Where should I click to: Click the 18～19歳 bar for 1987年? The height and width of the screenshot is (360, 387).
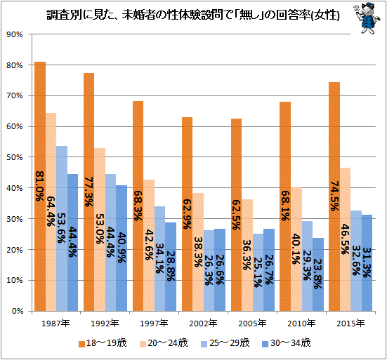pos(40,187)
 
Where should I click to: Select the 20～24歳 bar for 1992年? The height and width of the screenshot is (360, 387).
pos(100,229)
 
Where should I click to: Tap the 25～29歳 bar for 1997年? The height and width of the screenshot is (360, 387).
pos(160,259)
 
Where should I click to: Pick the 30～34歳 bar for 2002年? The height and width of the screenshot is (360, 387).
pos(220,270)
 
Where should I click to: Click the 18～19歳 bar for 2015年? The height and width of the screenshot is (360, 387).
pos(334,196)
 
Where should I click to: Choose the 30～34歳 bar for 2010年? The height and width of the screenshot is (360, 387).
pos(318,274)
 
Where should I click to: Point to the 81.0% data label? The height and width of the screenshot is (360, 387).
pos(40,186)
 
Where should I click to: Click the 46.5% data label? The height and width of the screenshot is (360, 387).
pos(345,239)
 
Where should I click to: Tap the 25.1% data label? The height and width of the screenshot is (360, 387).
pos(258,272)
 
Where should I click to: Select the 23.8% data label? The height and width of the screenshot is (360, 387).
pos(318,274)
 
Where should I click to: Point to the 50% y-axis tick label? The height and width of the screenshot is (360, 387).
pos(15,157)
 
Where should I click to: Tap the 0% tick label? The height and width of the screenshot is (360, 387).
pos(18,311)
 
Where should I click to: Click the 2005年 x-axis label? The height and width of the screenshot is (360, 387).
pos(252,324)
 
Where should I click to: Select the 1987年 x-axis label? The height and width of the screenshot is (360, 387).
pos(55,324)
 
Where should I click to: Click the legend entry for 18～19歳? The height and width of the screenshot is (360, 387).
pos(103,343)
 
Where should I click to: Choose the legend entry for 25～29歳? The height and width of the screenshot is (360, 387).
pos(225,343)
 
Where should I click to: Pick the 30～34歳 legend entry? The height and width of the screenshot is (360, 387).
pos(287,343)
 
